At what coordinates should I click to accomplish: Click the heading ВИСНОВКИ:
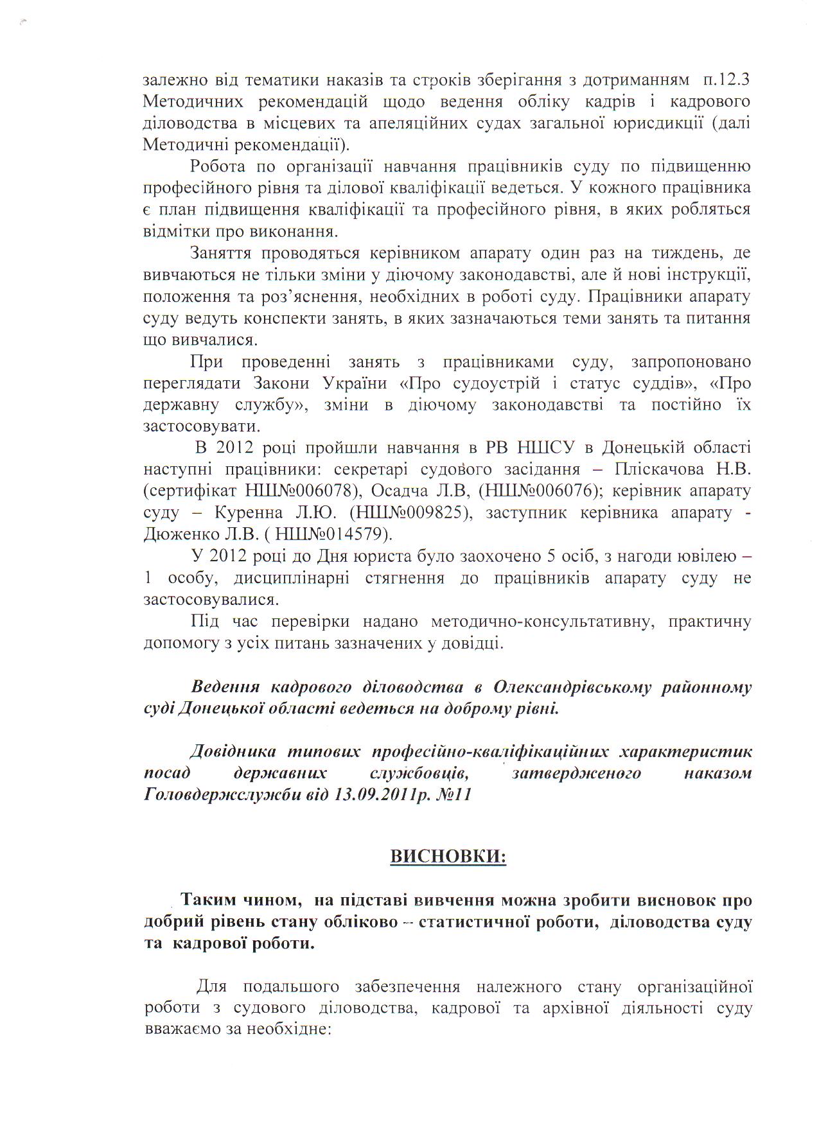click(448, 857)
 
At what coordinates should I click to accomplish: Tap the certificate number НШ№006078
click(301, 491)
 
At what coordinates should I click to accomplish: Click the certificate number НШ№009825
click(410, 513)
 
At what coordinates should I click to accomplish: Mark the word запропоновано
click(691, 362)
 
